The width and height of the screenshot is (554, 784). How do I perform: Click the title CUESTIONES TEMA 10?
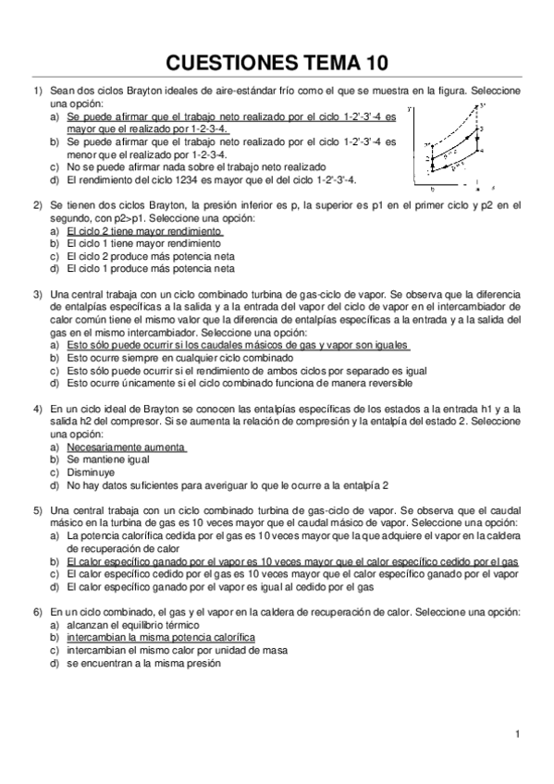(277, 62)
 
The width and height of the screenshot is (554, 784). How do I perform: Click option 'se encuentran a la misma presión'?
(143, 663)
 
